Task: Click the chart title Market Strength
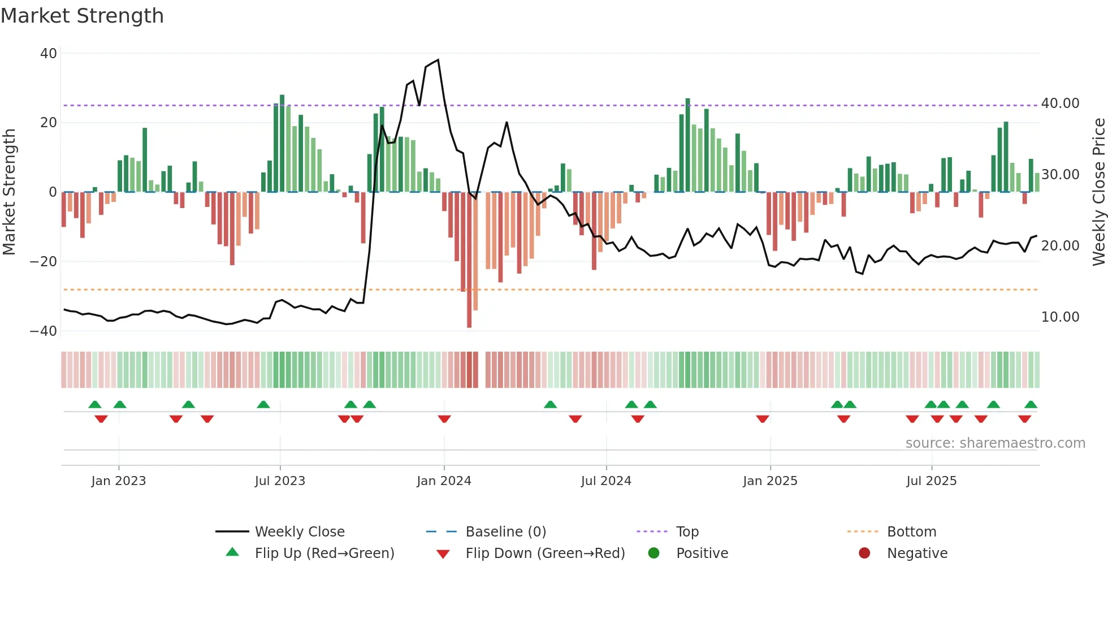[x=82, y=16]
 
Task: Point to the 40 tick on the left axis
[x=49, y=54]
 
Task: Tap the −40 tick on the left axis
[x=44, y=331]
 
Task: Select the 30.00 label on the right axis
[x=1060, y=175]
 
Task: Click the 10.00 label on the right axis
[x=1060, y=317]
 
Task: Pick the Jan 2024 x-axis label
[x=444, y=481]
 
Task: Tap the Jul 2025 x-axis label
[x=931, y=481]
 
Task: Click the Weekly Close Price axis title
[x=1098, y=192]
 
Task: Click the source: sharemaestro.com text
[x=995, y=443]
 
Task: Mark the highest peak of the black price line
[x=438, y=60]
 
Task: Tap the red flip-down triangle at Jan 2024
[x=444, y=419]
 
